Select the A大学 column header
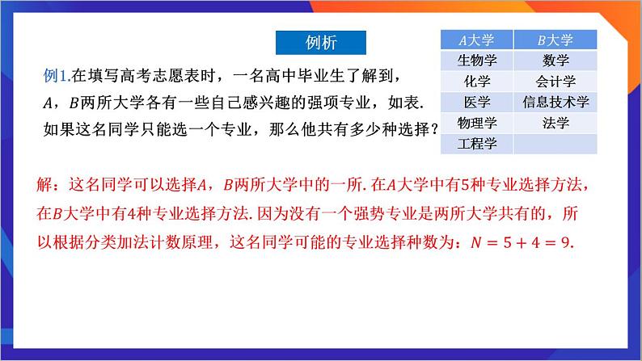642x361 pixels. pyautogui.click(x=476, y=40)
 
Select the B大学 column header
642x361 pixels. pyautogui.click(x=555, y=40)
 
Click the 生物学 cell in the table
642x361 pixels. pyautogui.click(x=476, y=61)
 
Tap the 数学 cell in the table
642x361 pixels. pyautogui.click(x=555, y=61)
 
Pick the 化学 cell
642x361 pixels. pyautogui.click(x=476, y=82)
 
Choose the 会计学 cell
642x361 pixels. pyautogui.click(x=555, y=82)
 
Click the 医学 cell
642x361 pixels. pyautogui.click(x=476, y=103)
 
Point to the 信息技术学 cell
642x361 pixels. pyautogui.click(x=555, y=103)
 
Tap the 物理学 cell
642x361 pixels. pyautogui.click(x=476, y=124)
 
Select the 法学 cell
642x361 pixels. pyautogui.click(x=555, y=124)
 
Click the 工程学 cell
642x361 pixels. pyautogui.click(x=476, y=145)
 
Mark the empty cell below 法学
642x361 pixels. pyautogui.click(x=555, y=145)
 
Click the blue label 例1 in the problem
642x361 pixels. pyautogui.click(x=56, y=76)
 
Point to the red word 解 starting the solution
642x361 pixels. pyautogui.click(x=45, y=185)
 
